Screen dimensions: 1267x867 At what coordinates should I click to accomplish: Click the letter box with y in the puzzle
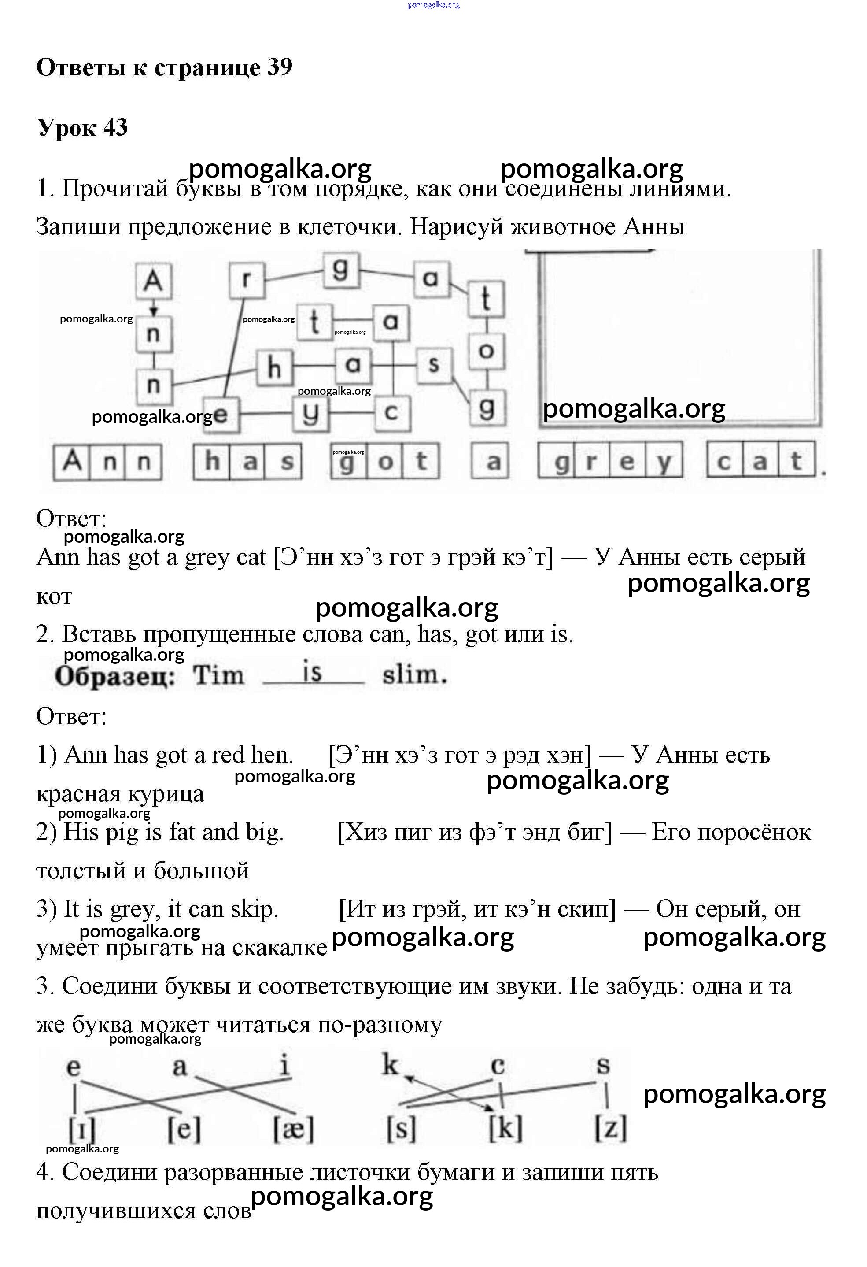click(310, 413)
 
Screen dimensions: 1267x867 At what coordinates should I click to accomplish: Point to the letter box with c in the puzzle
click(391, 413)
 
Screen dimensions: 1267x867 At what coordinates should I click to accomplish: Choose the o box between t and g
click(487, 351)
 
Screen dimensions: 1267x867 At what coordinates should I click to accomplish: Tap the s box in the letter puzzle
click(434, 365)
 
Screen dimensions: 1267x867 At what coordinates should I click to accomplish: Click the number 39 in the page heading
click(280, 67)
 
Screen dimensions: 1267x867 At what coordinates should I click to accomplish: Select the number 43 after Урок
click(115, 128)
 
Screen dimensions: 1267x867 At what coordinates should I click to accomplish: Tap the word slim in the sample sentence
click(414, 675)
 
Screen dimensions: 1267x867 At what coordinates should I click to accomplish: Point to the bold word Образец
click(115, 677)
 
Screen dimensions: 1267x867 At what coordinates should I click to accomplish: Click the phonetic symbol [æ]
click(293, 1129)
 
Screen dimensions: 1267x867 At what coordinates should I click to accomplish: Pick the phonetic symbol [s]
click(401, 1129)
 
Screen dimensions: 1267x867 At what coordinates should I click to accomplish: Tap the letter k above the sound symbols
click(390, 1065)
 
